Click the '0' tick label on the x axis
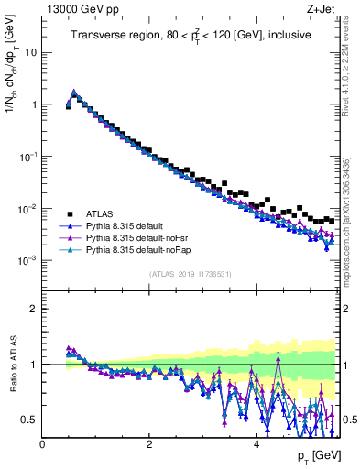[x=42, y=444]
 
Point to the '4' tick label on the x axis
[x=256, y=444]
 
